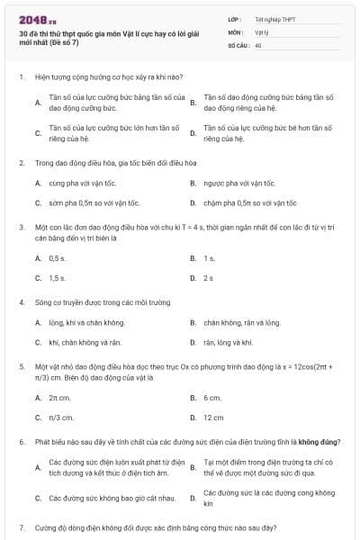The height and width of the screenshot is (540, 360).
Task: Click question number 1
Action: [x=21, y=78]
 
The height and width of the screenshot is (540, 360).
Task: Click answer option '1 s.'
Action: [x=209, y=258]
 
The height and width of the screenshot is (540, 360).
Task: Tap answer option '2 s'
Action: [x=208, y=278]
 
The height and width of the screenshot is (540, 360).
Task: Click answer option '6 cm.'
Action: [x=212, y=398]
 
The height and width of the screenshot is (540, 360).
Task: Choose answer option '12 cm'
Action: [x=213, y=418]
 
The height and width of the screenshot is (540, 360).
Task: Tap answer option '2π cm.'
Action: [x=59, y=398]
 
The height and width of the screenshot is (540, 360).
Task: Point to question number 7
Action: [x=21, y=525]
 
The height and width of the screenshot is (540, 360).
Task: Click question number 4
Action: [x=21, y=302]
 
